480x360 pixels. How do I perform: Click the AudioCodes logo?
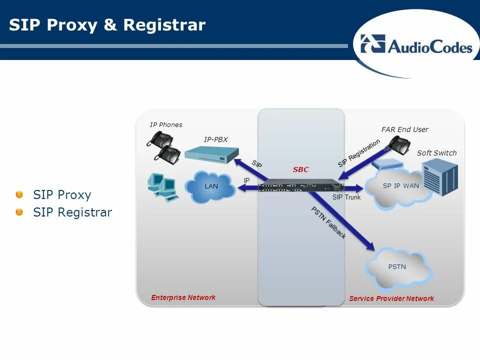click(416, 45)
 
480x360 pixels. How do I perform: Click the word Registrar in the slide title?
click(165, 25)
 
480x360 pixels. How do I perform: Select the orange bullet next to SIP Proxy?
click(19, 194)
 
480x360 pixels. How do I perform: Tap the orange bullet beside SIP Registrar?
click(19, 212)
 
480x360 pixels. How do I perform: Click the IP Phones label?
click(166, 124)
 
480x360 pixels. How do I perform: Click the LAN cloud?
click(210, 187)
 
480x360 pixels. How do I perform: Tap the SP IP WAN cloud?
click(400, 187)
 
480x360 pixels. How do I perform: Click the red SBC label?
click(300, 169)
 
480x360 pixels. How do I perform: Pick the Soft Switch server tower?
click(439, 177)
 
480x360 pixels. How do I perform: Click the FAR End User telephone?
click(398, 145)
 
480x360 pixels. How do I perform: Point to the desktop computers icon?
click(163, 186)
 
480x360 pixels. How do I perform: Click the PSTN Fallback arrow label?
click(328, 222)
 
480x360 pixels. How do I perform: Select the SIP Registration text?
click(359, 153)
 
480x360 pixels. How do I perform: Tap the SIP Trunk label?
click(346, 197)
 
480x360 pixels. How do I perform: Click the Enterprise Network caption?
click(183, 297)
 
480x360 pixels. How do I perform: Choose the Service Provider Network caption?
click(391, 298)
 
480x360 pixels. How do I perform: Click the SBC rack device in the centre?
click(300, 185)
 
